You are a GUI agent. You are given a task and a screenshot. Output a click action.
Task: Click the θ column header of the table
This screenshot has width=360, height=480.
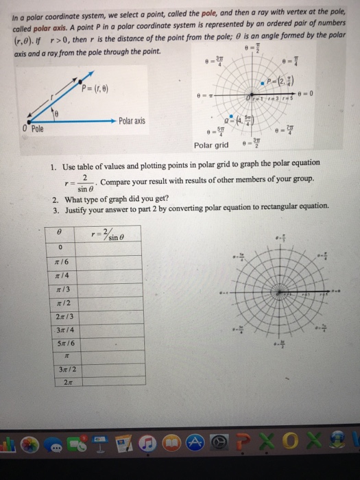60,234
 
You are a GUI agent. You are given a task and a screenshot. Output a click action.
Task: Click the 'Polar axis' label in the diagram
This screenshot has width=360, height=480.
131,120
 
